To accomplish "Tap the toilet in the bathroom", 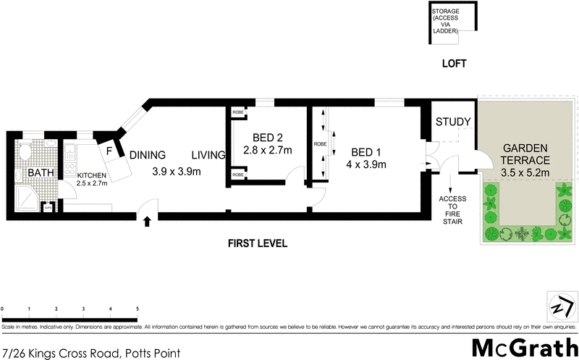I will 24,151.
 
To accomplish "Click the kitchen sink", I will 71,153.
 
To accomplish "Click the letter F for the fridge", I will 110,151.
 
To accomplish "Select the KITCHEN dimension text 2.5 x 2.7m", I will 92,184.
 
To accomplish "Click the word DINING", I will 148,154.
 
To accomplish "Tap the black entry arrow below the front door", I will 148,222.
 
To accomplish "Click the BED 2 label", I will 267,138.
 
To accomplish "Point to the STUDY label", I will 454,122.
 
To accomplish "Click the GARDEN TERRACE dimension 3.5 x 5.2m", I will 526,173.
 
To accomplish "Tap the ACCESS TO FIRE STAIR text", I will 452,206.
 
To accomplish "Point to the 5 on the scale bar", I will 138,309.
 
